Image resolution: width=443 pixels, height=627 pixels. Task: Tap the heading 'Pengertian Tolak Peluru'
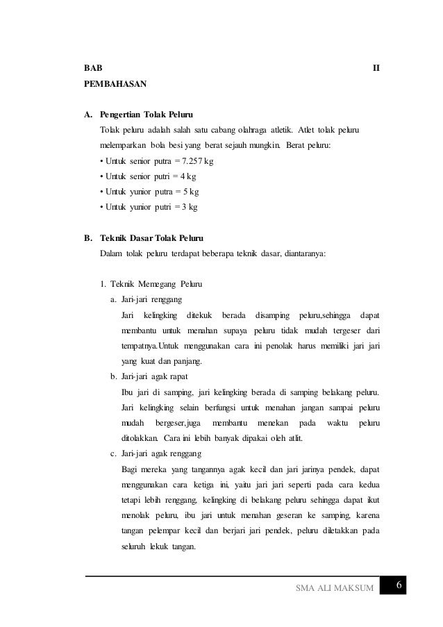point(147,113)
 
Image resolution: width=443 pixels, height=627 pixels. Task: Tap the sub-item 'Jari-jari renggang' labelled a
point(151,299)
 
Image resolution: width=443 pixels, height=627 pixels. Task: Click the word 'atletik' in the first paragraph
point(279,130)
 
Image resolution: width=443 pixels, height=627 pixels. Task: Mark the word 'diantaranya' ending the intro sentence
point(304,253)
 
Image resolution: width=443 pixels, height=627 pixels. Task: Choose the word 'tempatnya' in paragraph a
point(139,346)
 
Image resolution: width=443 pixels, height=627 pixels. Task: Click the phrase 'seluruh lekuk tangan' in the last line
point(158,545)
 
